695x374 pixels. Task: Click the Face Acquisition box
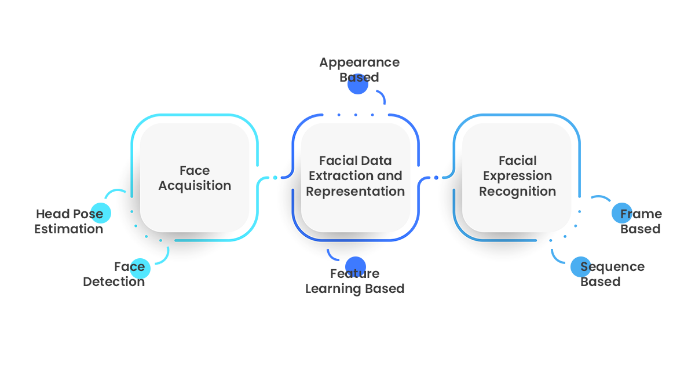click(195, 178)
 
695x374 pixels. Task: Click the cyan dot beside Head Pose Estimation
click(100, 213)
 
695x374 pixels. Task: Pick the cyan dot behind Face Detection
click(140, 268)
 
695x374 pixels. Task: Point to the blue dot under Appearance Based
click(358, 85)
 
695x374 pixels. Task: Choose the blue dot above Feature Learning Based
click(355, 266)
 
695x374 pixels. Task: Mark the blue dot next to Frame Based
click(621, 213)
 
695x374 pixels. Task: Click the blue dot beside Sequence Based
click(580, 267)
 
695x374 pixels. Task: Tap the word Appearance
click(359, 63)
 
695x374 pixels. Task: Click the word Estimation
click(68, 229)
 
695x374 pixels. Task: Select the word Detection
click(114, 282)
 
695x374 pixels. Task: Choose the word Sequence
click(612, 267)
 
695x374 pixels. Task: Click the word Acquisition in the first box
click(195, 186)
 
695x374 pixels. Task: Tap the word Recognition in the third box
click(517, 192)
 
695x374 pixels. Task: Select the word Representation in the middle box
click(355, 192)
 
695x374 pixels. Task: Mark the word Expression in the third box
click(517, 176)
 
